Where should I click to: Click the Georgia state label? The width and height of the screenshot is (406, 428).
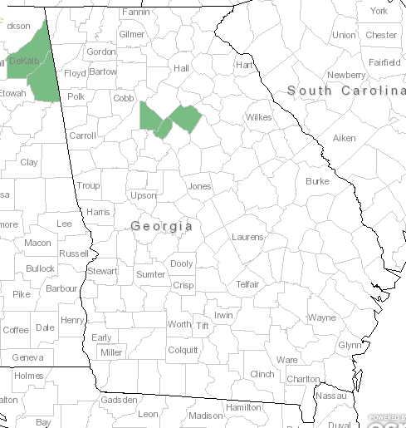point(162,226)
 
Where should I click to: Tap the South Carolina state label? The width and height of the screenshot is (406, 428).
point(345,90)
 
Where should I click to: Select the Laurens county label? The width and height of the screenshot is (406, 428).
point(247,237)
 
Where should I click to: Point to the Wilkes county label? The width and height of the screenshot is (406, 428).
point(258,117)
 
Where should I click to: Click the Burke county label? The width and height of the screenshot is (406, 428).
point(317,180)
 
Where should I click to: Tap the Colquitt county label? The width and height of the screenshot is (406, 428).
point(183,350)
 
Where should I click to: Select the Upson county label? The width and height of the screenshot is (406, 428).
point(143,195)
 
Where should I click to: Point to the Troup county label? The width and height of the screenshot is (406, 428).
point(87,185)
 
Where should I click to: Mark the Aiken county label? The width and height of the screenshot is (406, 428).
point(344,138)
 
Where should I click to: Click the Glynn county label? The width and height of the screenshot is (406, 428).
point(350,345)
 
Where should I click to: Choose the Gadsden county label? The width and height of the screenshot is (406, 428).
point(118,400)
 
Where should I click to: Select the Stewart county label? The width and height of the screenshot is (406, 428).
point(103,271)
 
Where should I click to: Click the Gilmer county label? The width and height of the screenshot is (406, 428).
point(131,34)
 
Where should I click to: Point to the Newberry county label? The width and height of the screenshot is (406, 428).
point(346,75)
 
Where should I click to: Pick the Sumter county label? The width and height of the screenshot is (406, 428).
point(150,274)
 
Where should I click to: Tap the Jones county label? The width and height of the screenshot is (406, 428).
point(200,186)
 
